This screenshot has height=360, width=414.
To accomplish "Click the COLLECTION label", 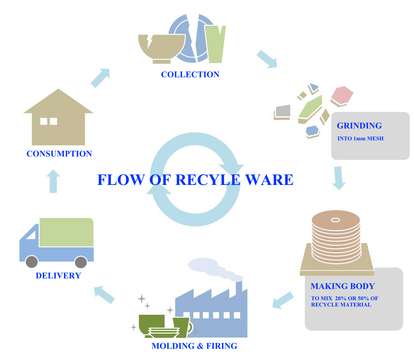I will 190,75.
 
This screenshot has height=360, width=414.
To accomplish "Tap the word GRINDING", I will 359,126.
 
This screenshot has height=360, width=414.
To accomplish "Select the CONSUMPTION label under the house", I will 59,154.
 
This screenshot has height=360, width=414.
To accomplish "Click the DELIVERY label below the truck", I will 58,276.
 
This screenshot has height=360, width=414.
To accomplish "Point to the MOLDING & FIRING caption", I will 194,346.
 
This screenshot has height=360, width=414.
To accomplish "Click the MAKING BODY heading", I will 342,286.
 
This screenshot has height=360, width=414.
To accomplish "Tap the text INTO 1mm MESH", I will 360,139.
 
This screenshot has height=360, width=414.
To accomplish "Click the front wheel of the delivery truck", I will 32,262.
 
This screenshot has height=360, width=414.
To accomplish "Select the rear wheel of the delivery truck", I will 81,262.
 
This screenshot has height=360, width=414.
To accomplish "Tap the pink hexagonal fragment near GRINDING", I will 342,95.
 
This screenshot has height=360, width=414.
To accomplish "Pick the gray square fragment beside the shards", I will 283,111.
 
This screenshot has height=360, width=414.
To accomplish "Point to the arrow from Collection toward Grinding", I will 267,59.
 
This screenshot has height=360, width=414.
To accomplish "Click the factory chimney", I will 239,289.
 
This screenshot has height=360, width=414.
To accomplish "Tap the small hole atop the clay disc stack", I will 335,220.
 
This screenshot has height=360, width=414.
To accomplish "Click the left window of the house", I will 44,122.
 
